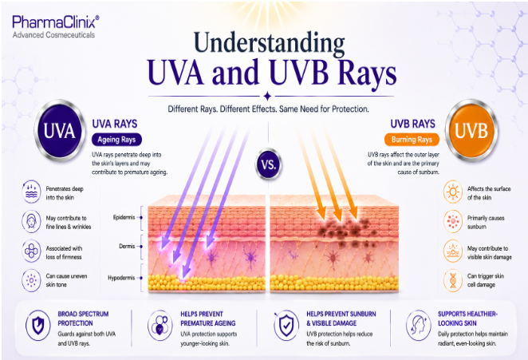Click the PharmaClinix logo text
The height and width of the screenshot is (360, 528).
coord(56,22)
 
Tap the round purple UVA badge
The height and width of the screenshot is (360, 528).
coord(59,130)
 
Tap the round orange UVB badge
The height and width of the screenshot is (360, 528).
coord(471,130)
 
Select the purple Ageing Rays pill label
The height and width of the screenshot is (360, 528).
coord(116,140)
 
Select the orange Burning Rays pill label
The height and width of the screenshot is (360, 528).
coord(412,140)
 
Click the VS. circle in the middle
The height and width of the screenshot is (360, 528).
coord(268,164)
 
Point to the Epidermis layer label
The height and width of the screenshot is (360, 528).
coord(124,217)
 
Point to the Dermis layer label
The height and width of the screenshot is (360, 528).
coord(127,247)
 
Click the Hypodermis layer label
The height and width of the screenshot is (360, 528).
coord(121,278)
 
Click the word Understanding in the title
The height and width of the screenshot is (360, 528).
coord(269,43)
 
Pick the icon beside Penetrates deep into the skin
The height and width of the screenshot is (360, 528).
coord(31,192)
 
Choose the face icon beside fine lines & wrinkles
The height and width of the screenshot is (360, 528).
coord(31,221)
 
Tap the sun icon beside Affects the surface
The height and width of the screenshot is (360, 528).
coord(453,192)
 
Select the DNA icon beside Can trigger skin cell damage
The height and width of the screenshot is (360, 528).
coord(453,280)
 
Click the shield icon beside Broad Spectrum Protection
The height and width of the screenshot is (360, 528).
coord(38,326)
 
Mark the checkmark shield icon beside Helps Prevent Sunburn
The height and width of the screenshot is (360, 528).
coord(286,326)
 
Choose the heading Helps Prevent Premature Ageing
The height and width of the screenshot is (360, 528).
coord(207,318)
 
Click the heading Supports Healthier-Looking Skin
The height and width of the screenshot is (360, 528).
coord(467,318)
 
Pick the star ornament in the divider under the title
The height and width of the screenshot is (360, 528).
coord(268,97)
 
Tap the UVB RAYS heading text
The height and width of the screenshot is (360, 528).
coord(413,124)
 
